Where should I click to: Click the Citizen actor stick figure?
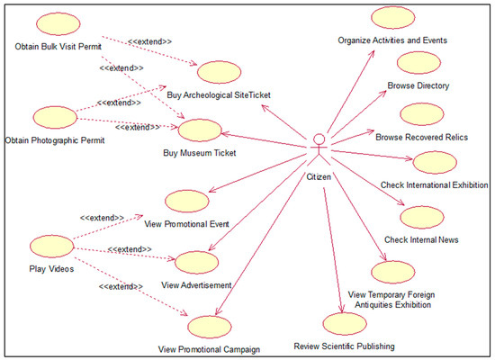click(318, 149)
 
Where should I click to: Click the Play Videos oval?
click(51, 246)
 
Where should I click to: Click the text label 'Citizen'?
click(318, 176)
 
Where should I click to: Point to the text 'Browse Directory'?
click(418, 86)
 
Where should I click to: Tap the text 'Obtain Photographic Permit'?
click(56, 139)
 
